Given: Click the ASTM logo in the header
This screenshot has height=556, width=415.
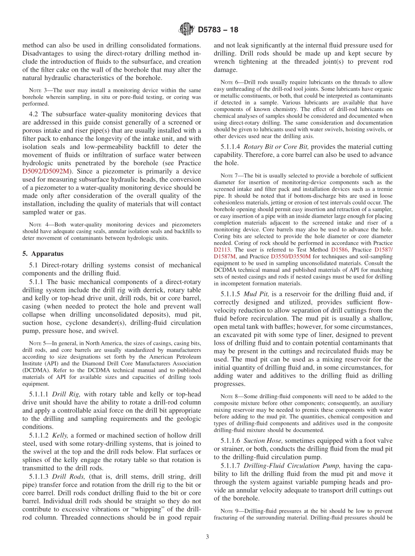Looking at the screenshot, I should [x=187, y=30].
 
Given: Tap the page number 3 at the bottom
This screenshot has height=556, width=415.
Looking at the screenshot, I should [x=207, y=537].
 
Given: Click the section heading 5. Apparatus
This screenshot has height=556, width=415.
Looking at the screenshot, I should [x=43, y=254].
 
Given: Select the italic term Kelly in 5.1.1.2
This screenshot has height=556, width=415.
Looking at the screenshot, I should [x=60, y=435].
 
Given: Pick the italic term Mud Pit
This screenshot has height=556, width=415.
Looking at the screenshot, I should [x=256, y=294].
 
